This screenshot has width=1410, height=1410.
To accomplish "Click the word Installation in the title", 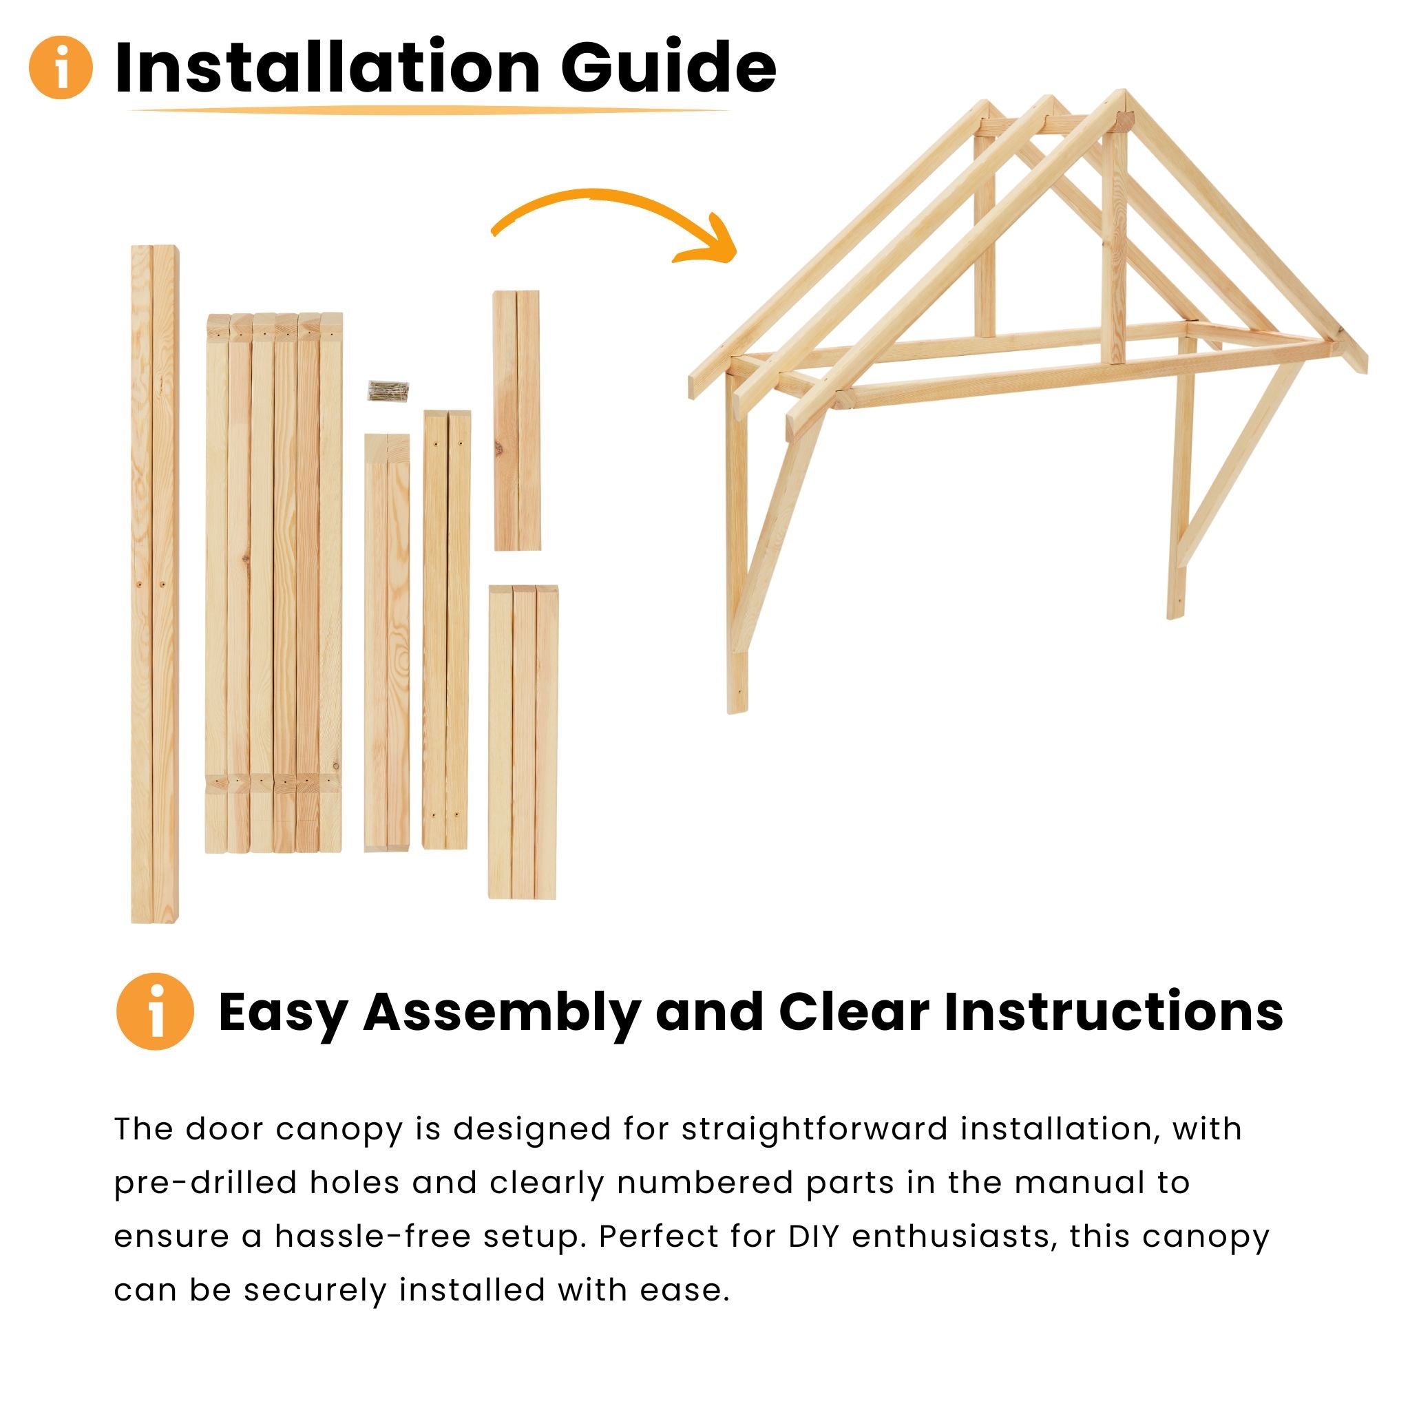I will click(327, 67).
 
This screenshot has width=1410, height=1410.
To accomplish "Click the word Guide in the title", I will click(667, 67).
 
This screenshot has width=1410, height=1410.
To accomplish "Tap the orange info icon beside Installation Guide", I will click(61, 67).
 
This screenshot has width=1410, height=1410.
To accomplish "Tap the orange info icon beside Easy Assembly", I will click(155, 1011).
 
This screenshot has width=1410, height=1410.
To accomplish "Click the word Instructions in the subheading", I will click(1113, 1011).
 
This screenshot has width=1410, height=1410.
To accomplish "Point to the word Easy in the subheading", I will click(282, 1013).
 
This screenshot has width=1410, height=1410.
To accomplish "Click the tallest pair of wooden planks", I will click(154, 584).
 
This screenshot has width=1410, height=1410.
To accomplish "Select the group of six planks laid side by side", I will click(274, 584).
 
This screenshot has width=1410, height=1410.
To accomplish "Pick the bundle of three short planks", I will click(523, 741).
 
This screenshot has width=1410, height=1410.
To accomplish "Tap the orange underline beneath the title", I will click(429, 111).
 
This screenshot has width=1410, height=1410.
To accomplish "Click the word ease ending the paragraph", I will click(684, 1290).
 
